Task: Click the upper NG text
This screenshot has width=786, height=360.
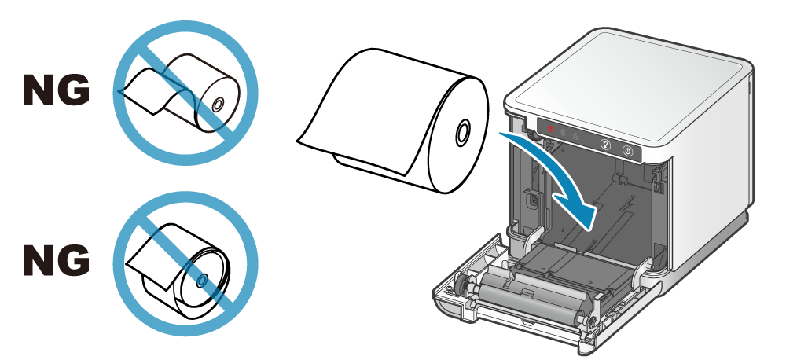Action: (x=55, y=91)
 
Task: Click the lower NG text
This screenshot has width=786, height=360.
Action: (x=55, y=260)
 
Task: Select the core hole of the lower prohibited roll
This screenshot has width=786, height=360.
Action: (x=202, y=279)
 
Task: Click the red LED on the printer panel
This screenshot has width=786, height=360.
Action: (x=550, y=129)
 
